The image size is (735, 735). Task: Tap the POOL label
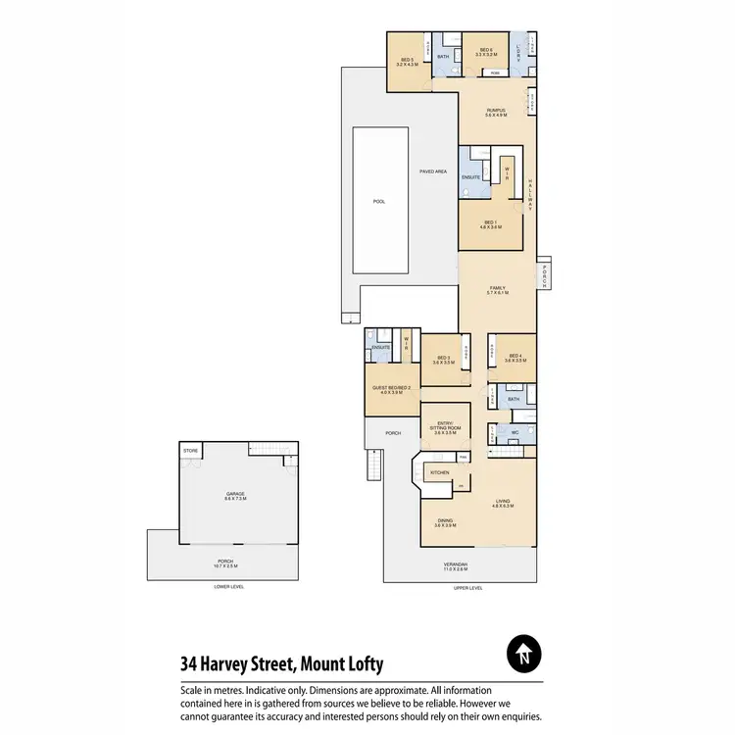(x=379, y=201)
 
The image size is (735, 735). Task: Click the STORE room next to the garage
(x=190, y=451)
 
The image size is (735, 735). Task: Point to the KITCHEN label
(x=440, y=473)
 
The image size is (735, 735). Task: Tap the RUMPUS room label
(x=496, y=110)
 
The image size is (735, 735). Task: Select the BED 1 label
(x=492, y=221)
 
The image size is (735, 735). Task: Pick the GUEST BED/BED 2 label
(x=390, y=388)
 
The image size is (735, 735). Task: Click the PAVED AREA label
(x=433, y=171)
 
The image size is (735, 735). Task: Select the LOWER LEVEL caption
(x=228, y=586)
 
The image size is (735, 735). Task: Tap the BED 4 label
(x=515, y=358)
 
